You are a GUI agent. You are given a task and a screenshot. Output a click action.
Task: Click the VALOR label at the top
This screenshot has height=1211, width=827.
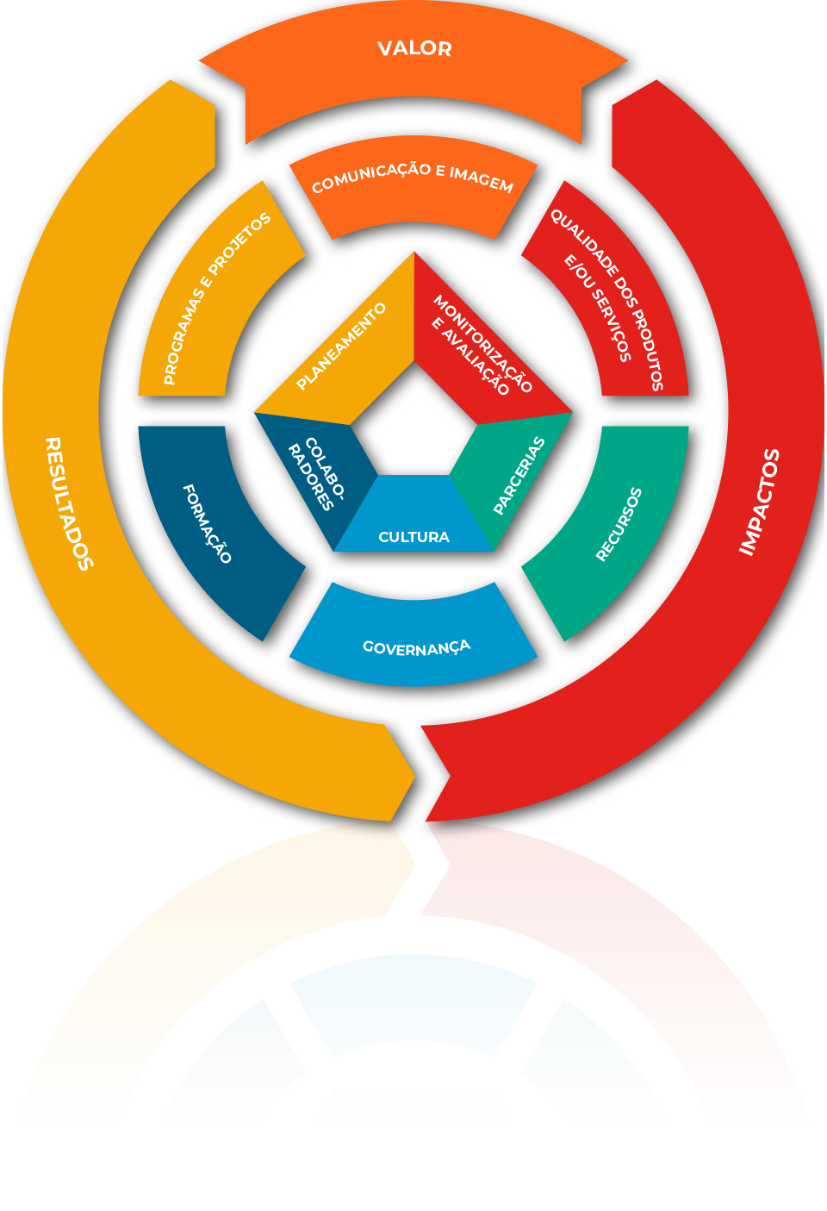coord(414,49)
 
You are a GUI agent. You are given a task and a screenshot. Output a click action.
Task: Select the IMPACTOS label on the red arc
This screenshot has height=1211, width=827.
coord(759,502)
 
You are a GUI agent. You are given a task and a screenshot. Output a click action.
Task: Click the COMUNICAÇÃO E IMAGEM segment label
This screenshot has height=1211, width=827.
coord(412,178)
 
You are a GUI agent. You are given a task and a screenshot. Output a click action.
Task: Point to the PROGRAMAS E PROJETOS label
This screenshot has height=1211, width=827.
coord(216,297)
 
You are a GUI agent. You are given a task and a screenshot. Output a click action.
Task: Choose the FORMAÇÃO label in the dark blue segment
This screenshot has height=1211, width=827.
coord(207,523)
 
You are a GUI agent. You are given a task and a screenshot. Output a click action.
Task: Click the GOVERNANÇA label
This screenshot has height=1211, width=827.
coord(416,647)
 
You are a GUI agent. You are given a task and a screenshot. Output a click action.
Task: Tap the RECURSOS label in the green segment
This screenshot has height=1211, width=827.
coord(619,524)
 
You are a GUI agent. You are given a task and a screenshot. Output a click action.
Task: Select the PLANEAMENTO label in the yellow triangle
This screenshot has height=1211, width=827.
coord(340,346)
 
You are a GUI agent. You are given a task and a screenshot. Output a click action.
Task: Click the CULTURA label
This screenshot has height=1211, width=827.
coord(413,537)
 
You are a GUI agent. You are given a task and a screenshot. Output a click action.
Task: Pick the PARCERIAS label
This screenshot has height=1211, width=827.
coord(519,476)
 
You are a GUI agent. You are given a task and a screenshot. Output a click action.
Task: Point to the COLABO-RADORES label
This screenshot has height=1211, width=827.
coord(316,475)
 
